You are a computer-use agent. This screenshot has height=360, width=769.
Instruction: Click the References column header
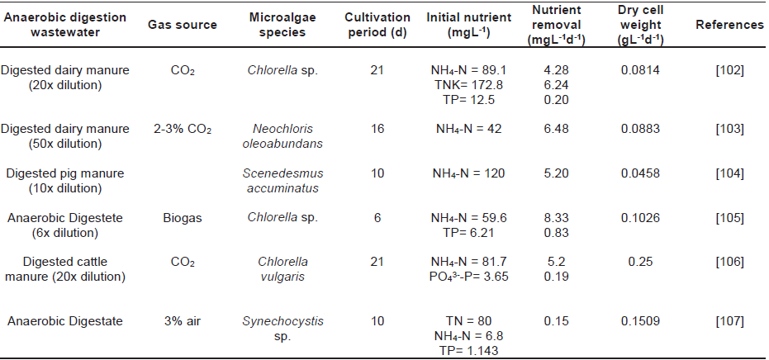[x=729, y=25]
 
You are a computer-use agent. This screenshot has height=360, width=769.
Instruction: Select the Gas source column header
[x=183, y=25]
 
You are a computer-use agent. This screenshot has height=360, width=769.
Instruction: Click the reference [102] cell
[x=730, y=71]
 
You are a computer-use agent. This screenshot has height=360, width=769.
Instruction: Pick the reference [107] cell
[x=730, y=322]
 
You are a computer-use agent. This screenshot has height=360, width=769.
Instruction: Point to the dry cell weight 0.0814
[x=641, y=71]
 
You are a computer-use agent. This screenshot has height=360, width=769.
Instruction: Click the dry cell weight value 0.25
[x=641, y=262]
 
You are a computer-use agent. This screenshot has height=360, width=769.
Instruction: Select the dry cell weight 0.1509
[x=641, y=322]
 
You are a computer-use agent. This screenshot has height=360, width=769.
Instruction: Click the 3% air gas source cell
[x=183, y=322]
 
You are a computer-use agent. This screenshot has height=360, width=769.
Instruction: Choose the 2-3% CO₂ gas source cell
[x=183, y=129]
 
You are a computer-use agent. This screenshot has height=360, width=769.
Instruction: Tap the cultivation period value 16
[x=377, y=129]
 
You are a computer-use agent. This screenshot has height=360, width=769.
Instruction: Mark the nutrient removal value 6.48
[x=552, y=129]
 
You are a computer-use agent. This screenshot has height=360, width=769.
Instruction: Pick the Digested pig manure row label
[x=65, y=173]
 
